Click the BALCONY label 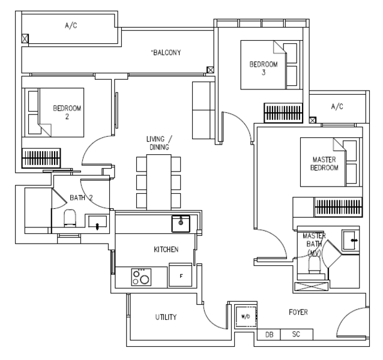tap(166, 52)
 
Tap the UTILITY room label tap(166, 317)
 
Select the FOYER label tap(298, 312)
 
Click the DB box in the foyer tap(269, 335)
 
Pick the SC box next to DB tap(297, 334)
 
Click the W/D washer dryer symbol tap(246, 317)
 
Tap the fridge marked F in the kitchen tap(181, 275)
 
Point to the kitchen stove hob tap(141, 277)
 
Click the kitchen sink tap(181, 224)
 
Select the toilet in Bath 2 tap(70, 218)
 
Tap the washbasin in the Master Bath tap(351, 241)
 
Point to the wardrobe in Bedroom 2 tap(41, 158)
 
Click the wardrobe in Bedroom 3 tap(283, 113)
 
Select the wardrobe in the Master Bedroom tap(338, 207)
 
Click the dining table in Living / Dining tap(158, 182)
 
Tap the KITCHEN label tap(166, 250)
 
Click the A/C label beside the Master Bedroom tap(337, 106)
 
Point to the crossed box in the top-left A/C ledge tap(25, 38)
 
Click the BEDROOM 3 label tap(264, 68)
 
